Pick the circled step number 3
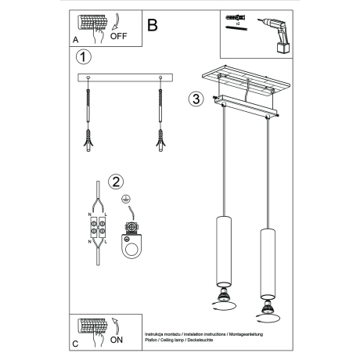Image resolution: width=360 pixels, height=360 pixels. click(x=196, y=99)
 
